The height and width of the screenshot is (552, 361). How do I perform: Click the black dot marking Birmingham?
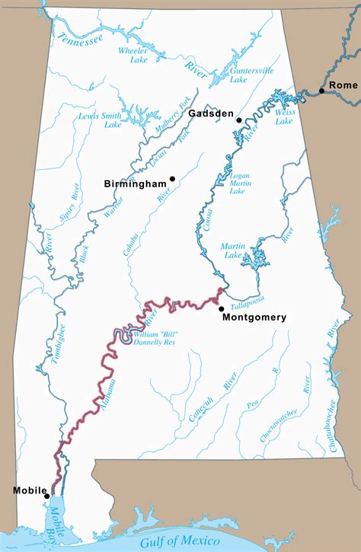[x=173, y=179]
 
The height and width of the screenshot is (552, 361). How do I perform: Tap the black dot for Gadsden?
[x=238, y=120]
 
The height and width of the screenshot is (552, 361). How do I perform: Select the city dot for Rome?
[x=322, y=91]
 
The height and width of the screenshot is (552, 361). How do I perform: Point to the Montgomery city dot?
[x=222, y=308]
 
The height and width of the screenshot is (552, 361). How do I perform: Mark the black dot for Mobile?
[x=47, y=496]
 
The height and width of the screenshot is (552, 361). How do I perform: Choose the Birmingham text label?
[x=136, y=183]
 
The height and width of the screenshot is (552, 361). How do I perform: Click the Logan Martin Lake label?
[x=242, y=183]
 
